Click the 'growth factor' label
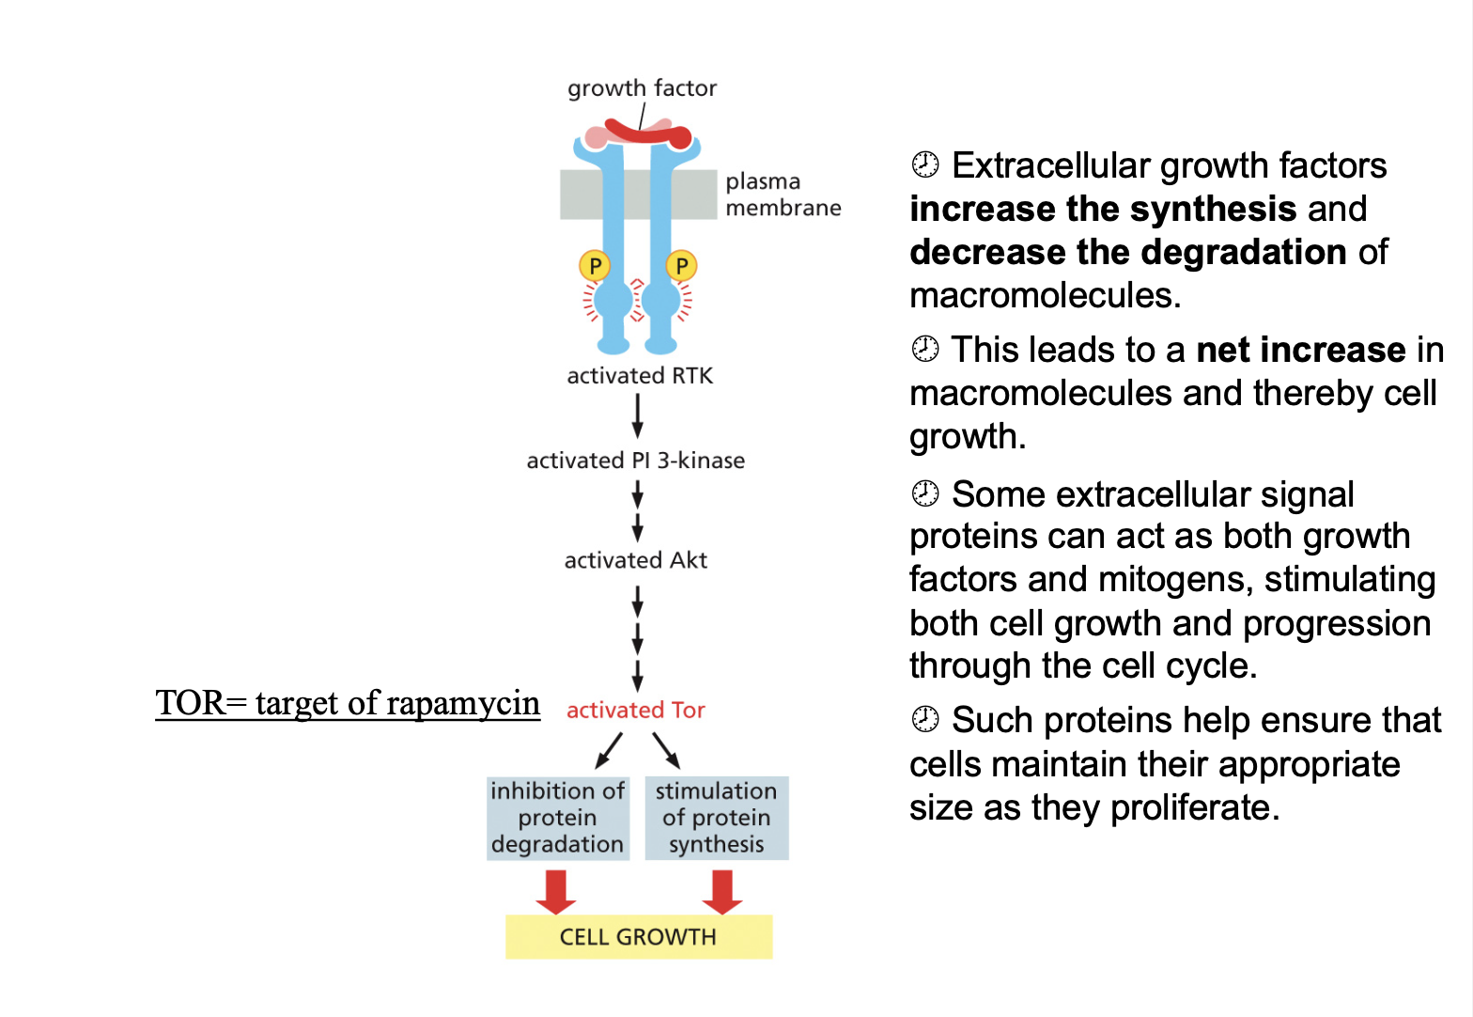(642, 88)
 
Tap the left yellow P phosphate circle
(594, 266)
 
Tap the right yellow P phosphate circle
(681, 266)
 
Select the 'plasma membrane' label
(783, 195)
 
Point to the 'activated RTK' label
(640, 376)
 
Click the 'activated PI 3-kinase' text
(635, 461)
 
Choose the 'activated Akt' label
(635, 560)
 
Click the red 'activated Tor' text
(635, 711)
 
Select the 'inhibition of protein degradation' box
(557, 818)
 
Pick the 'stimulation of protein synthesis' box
(716, 818)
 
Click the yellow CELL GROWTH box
(638, 937)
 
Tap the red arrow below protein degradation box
(556, 891)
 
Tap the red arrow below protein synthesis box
(722, 891)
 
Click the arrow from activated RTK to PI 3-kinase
(638, 415)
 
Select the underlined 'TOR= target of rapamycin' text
(348, 703)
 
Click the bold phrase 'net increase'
(1301, 350)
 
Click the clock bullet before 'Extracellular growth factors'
(925, 164)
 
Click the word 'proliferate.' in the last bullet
(1195, 808)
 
